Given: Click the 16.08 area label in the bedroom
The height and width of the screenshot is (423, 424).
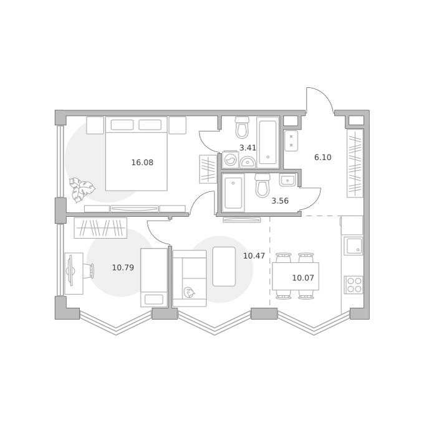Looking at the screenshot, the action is [x=142, y=163].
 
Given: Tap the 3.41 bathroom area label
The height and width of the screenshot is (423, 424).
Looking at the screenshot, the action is [x=248, y=148].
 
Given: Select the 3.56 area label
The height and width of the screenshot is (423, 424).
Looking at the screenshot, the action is [x=280, y=201].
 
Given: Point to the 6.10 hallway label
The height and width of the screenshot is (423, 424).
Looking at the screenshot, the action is [x=322, y=157].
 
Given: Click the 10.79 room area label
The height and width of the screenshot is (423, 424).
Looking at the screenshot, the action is [x=123, y=268].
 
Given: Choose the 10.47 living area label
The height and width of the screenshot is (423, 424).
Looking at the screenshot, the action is [x=254, y=255].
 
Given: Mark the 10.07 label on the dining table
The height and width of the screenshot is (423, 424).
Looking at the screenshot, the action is [x=303, y=278].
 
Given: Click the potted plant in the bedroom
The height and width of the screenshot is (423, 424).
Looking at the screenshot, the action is [x=82, y=189].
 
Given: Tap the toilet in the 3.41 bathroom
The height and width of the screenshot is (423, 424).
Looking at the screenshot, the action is [x=241, y=127].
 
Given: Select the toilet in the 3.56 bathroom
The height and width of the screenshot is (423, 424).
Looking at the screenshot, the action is [x=263, y=185].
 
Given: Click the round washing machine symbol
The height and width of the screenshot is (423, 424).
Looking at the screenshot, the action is [x=231, y=159].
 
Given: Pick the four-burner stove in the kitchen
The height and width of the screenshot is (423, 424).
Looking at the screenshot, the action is [x=353, y=285].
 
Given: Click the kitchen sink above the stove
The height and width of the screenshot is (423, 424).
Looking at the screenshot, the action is [x=353, y=246].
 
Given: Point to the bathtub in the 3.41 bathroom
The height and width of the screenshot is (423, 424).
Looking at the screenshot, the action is [x=267, y=143].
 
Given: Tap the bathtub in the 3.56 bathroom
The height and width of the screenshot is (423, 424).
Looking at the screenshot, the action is [x=233, y=193].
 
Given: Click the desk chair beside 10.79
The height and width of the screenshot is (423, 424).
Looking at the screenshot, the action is [x=89, y=271].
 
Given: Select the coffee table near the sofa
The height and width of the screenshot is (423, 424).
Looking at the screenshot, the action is [x=224, y=267].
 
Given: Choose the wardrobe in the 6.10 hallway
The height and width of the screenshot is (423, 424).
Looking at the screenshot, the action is [x=355, y=163].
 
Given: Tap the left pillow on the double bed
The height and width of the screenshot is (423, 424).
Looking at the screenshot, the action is [x=122, y=125].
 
